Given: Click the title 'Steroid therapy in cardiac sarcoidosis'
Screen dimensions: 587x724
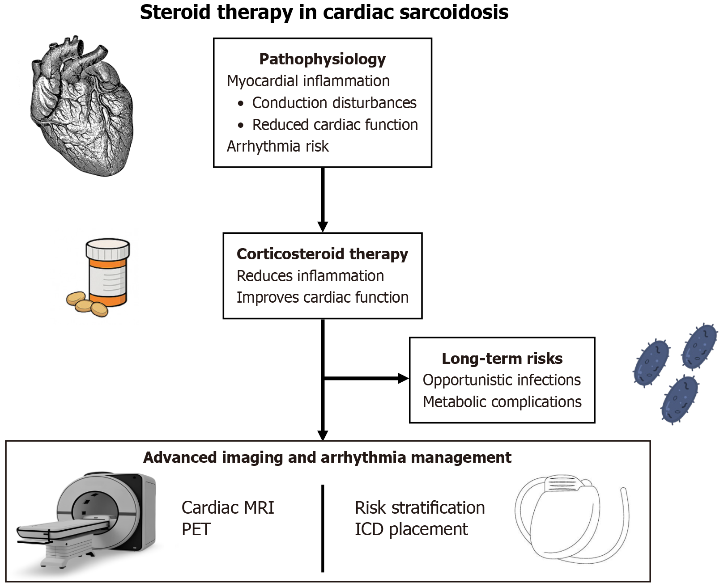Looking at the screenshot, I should coord(324,13).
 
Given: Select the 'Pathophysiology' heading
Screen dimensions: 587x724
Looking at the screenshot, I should coord(322,59).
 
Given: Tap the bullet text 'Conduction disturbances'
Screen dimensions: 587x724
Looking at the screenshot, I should coord(334,103).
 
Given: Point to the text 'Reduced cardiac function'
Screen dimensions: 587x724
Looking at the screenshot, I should coord(335,125).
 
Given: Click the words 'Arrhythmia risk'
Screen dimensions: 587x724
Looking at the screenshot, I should coord(277,146).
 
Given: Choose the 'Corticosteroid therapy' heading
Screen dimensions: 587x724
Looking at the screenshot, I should coord(322,254).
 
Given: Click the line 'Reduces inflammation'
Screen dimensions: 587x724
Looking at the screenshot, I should coord(310,276).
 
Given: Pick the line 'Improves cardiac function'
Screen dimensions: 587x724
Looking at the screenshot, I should coord(322,297).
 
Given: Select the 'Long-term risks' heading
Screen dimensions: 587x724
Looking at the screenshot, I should coord(502,359).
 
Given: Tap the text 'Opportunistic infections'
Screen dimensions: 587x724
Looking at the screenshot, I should coord(502,380).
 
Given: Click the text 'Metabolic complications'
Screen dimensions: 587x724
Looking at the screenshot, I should coord(502,402).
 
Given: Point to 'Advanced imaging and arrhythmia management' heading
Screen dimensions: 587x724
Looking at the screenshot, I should coord(327,457).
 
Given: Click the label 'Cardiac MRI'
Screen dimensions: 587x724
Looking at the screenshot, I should coord(228,508).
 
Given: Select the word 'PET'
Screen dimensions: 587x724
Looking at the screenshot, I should coord(196,529).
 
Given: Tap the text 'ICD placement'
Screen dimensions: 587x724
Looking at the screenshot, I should coord(411,529).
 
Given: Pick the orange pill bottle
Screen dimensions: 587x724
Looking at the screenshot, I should coord(107,273).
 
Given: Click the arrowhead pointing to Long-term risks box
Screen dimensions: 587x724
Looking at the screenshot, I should coord(403,379).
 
